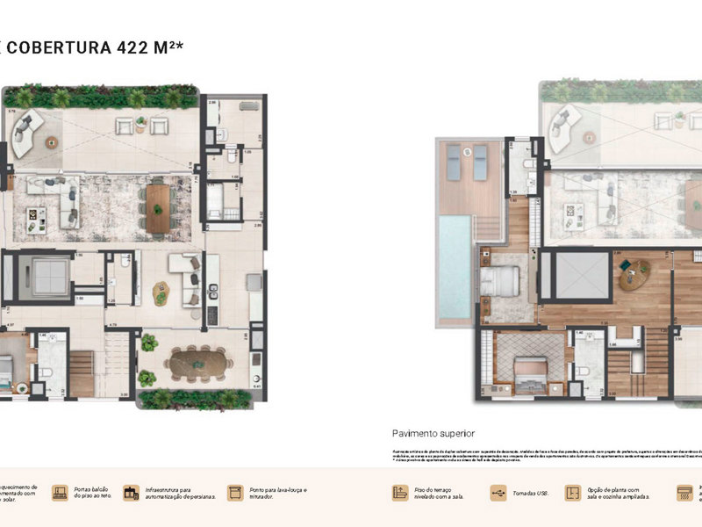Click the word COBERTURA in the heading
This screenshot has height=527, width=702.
tap(60, 47)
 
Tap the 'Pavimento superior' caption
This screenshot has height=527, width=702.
tap(433, 434)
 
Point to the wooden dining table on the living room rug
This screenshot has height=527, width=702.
tap(158, 208)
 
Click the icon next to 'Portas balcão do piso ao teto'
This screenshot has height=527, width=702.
tap(61, 493)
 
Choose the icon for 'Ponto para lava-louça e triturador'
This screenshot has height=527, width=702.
tap(234, 493)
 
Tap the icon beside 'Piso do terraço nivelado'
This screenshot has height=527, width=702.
tap(402, 493)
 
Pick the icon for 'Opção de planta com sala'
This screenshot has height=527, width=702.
tap(573, 493)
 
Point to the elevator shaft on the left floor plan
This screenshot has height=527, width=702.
tap(44, 275)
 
